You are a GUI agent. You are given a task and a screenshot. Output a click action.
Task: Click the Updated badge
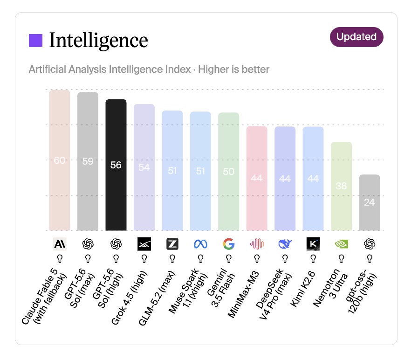(x=356, y=37)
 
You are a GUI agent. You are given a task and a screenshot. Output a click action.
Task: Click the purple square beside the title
(x=35, y=41)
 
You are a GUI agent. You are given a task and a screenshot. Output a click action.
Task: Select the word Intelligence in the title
(x=99, y=41)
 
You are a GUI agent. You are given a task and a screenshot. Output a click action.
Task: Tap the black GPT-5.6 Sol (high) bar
(x=116, y=165)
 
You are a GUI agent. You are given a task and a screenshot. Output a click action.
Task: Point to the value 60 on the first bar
(x=60, y=160)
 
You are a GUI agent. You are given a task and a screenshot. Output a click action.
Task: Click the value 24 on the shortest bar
(x=370, y=202)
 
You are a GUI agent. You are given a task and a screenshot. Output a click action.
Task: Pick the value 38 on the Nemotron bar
(x=341, y=186)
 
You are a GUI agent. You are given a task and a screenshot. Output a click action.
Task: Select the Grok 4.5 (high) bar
(x=144, y=167)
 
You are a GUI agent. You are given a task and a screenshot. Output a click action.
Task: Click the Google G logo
(x=228, y=244)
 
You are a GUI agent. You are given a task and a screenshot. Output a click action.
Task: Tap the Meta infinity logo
(x=200, y=244)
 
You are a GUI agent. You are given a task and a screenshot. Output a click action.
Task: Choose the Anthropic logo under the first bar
(x=60, y=244)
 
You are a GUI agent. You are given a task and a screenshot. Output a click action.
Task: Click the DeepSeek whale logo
(x=285, y=244)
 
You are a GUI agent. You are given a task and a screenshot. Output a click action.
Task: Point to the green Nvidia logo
(x=341, y=244)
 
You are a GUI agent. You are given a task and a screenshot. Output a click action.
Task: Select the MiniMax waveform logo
(x=257, y=244)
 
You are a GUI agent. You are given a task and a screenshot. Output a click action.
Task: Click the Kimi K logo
(x=313, y=244)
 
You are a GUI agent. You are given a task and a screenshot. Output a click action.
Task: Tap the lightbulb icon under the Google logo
(x=228, y=259)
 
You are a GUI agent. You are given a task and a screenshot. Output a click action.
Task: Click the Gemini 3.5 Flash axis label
(x=221, y=288)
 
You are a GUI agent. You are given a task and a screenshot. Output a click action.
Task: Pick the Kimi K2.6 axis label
(x=302, y=289)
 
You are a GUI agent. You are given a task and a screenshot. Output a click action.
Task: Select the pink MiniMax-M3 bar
(x=257, y=179)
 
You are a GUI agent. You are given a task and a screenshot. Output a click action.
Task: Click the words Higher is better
(x=233, y=69)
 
